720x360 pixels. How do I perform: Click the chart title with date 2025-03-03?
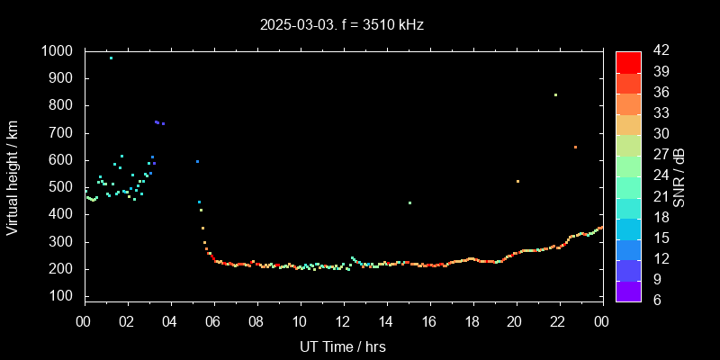coord(341,25)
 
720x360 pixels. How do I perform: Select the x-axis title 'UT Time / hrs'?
coord(343,346)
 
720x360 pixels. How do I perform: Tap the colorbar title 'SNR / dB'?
coord(679,176)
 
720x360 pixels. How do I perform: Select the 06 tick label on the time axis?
coord(213,322)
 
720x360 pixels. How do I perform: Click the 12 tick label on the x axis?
coord(343,322)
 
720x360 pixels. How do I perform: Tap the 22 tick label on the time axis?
coord(559,322)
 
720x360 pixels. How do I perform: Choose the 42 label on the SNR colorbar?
coord(656,51)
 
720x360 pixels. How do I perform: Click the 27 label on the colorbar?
coord(656,155)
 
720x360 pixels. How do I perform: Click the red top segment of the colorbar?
coord(628,61)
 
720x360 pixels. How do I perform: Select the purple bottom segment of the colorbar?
coord(628,290)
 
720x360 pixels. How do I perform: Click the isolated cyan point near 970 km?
coord(111,58)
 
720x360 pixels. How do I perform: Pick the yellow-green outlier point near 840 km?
coord(555,94)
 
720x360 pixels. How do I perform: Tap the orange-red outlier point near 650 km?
coord(575,147)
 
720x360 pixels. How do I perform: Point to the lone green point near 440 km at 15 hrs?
coord(409,202)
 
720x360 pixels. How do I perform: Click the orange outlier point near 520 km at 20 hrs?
coord(517,181)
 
